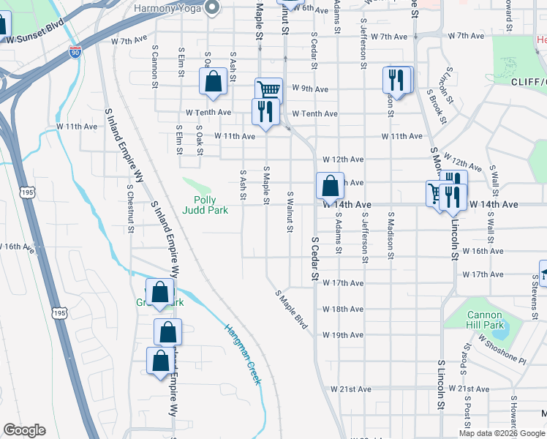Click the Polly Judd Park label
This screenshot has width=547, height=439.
(211, 205)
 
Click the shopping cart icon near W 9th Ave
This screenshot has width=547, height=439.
(268, 90)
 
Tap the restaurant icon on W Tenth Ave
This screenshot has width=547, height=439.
(264, 112)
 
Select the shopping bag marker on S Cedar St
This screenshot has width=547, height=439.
(330, 185)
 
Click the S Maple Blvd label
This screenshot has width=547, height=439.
(292, 308)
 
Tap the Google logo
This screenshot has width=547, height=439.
(24, 430)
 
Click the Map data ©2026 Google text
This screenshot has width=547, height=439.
(502, 433)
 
